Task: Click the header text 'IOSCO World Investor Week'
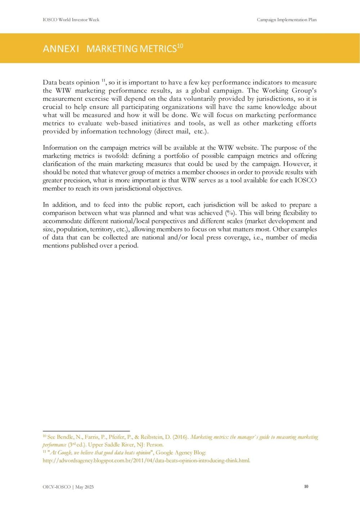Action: click(x=71, y=19)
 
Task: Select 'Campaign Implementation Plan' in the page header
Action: click(x=287, y=19)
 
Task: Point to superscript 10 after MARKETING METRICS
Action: click(x=180, y=46)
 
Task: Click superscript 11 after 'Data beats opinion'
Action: click(x=103, y=80)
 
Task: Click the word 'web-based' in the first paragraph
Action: click(x=122, y=123)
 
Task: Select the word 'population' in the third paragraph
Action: click(x=70, y=229)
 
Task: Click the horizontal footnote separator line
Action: click(x=86, y=431)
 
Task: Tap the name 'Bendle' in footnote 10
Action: click(x=66, y=437)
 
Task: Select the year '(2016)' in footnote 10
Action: click(x=180, y=437)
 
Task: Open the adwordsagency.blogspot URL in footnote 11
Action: click(x=146, y=460)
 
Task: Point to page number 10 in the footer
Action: click(x=306, y=486)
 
